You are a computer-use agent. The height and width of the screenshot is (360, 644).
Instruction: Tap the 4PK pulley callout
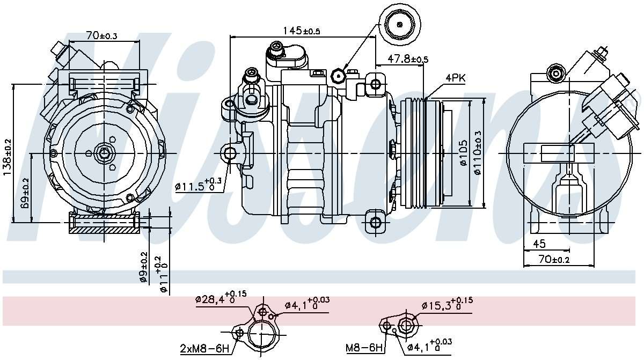pyautogui.click(x=455, y=78)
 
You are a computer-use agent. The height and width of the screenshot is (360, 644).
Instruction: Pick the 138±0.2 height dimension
pyautogui.click(x=7, y=153)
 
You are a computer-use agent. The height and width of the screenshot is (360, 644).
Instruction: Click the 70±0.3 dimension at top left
pyautogui.click(x=102, y=36)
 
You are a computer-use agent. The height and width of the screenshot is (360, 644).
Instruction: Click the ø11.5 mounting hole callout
pyautogui.click(x=197, y=186)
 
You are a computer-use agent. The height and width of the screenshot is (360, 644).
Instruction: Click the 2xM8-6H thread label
pyautogui.click(x=204, y=348)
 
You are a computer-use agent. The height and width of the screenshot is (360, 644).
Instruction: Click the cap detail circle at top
pyautogui.click(x=399, y=23)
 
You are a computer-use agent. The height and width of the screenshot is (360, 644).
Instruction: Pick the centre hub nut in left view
pyautogui.click(x=104, y=154)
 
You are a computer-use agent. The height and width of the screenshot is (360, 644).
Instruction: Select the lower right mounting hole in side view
pyautogui.click(x=376, y=222)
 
